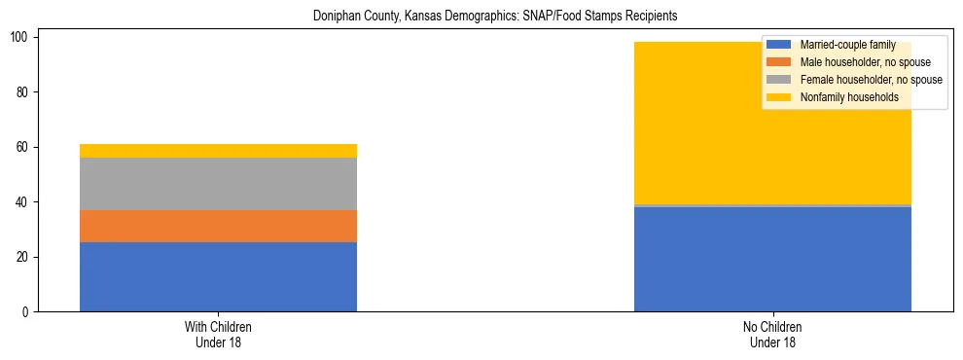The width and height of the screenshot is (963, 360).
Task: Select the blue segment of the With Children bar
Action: pyautogui.click(x=218, y=277)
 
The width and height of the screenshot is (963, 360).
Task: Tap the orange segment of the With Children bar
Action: pyautogui.click(x=218, y=227)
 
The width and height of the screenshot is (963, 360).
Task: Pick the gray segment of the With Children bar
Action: pyautogui.click(x=218, y=184)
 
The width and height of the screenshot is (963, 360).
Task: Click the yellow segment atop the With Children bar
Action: pyautogui.click(x=218, y=151)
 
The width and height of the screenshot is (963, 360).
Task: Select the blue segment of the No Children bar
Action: pyautogui.click(x=772, y=260)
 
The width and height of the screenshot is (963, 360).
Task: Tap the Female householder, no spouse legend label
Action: pyautogui.click(x=871, y=80)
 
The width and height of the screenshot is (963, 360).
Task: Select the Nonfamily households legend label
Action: pyautogui.click(x=849, y=97)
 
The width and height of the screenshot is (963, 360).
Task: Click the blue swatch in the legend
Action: pyautogui.click(x=778, y=45)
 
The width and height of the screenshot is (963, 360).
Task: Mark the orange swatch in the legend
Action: pyautogui.click(x=778, y=62)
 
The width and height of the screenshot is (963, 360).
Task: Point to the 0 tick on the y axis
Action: pyautogui.click(x=30, y=312)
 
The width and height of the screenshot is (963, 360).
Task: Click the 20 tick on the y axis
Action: pyautogui.click(x=27, y=258)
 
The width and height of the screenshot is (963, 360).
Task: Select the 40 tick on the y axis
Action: pyautogui.click(x=27, y=202)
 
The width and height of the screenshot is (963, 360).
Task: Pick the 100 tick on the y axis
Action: pyautogui.click(x=24, y=37)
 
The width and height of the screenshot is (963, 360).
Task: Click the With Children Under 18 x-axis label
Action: pyautogui.click(x=218, y=335)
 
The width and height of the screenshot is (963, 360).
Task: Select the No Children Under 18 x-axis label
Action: pyautogui.click(x=772, y=335)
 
